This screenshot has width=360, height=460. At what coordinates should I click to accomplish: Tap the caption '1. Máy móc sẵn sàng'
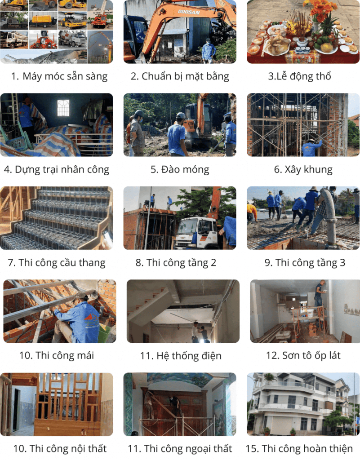tap(59, 76)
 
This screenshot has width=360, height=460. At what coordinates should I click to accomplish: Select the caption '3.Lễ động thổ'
tap(300, 76)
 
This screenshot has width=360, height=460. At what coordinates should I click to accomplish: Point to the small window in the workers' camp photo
tap(63, 108)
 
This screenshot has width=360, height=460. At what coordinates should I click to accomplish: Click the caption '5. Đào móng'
tap(180, 169)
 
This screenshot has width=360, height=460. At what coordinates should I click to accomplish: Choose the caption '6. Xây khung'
tap(303, 169)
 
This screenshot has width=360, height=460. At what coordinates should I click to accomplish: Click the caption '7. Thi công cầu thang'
tap(57, 263)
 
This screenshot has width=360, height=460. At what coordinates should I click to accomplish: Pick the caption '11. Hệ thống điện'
tap(181, 356)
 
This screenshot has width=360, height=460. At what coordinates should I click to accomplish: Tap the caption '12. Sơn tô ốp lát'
tap(303, 356)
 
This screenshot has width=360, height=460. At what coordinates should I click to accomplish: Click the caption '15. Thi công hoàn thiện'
tap(299, 448)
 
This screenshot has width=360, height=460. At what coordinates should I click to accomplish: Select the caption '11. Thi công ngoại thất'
tap(180, 448)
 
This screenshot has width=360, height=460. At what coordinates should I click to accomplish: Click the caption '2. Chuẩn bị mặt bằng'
tap(180, 76)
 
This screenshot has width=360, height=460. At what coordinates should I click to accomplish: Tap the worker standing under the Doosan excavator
tap(209, 51)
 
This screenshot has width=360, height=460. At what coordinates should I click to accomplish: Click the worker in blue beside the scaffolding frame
tap(311, 147)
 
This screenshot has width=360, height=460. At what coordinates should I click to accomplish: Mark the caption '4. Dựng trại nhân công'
tap(57, 169)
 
